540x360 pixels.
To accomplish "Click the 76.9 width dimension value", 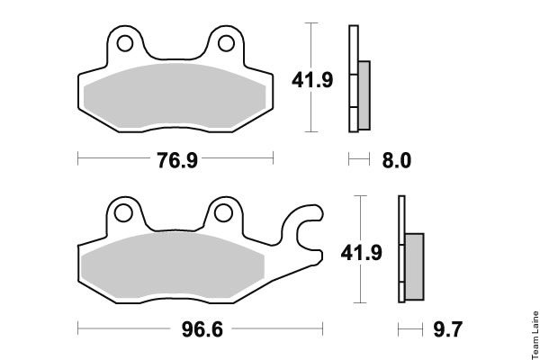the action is click(177, 160).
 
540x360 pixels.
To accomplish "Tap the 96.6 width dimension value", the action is click(202, 329).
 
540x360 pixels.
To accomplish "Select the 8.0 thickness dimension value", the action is click(396, 160).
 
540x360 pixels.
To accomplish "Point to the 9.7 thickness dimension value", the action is click(447, 329).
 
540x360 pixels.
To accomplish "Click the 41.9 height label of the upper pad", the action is click(312, 80).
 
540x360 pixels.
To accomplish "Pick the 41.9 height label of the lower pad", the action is click(361, 253).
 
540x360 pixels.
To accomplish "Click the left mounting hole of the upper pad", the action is click(125, 43).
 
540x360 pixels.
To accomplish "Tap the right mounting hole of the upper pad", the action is click(226, 43).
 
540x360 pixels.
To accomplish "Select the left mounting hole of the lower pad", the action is click(123, 213).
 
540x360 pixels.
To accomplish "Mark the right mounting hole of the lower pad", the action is click(223, 213).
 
